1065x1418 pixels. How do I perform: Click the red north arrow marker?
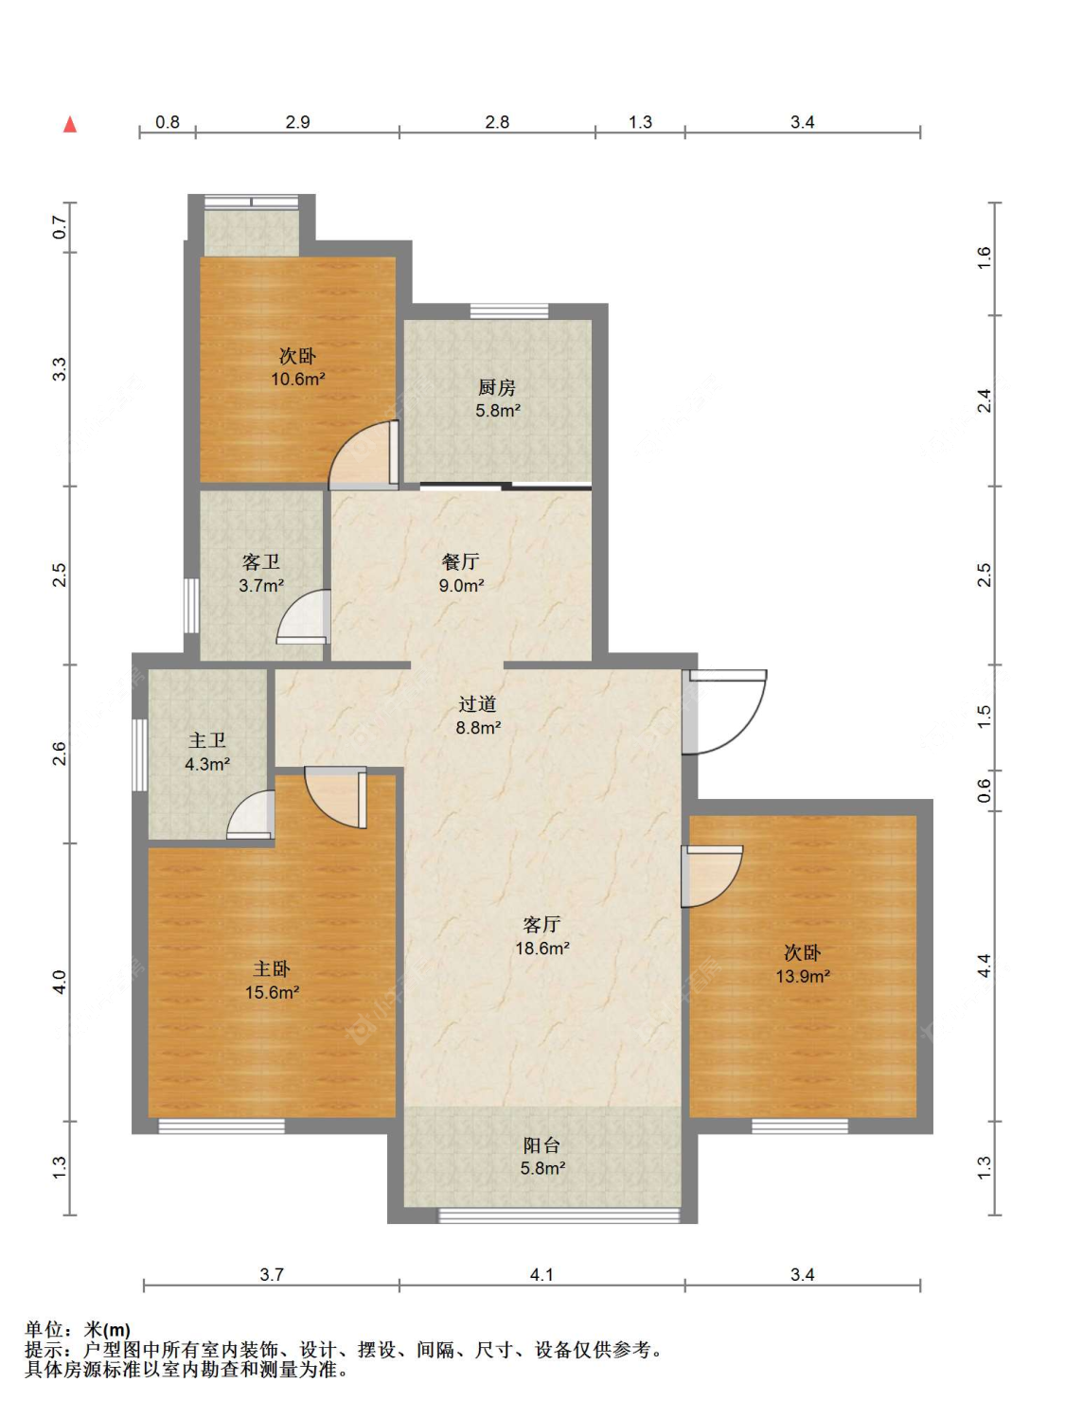(70, 125)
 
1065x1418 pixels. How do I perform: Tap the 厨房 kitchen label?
(497, 387)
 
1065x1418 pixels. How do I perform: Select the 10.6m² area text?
(298, 379)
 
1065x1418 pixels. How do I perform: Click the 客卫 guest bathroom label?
(261, 562)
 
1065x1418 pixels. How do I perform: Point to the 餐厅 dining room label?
(460, 562)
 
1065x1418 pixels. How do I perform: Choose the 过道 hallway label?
(477, 704)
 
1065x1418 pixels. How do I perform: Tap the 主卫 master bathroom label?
(207, 740)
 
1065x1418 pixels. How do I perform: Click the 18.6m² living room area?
(541, 948)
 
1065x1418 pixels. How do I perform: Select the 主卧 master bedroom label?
(272, 969)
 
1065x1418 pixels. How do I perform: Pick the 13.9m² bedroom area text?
(803, 976)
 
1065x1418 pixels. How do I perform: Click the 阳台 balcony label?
(541, 1145)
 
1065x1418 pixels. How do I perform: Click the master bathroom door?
(252, 815)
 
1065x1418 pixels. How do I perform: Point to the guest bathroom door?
(304, 617)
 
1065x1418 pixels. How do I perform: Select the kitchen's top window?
(509, 311)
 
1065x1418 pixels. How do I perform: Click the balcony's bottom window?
(559, 1215)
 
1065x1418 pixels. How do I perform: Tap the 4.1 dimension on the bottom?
(541, 1274)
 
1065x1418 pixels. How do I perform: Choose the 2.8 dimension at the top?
(497, 121)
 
